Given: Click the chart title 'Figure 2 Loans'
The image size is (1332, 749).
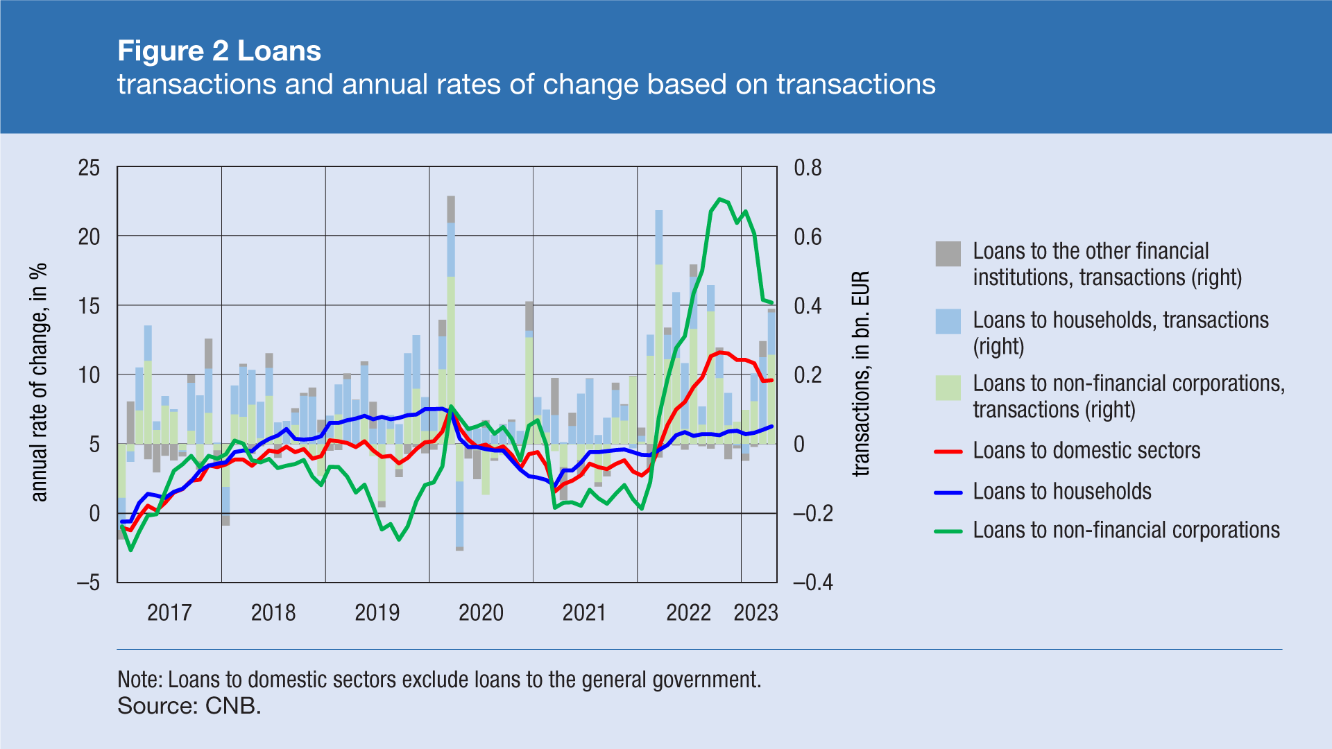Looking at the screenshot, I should pos(219,51).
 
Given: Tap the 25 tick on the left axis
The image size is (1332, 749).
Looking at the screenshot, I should pos(89,168).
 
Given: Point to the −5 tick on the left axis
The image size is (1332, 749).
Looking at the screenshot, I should pos(88,582).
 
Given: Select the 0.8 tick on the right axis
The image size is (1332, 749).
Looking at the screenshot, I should pos(808,168).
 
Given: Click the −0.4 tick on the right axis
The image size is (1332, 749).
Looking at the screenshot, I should pos(812,582).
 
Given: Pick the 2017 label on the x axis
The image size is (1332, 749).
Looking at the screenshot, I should pos(169,612).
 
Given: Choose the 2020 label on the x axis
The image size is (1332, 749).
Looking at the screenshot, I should pos(481,612).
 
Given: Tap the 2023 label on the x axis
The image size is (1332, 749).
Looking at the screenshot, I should pos(755,612).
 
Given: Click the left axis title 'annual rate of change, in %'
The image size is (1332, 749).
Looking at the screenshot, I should pos(39,382).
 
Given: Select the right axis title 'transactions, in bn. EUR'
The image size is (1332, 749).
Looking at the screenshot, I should pos(860,374).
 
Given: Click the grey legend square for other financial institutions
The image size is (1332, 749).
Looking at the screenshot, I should pos(948,254).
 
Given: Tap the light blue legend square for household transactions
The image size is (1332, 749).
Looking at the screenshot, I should pos(948,322).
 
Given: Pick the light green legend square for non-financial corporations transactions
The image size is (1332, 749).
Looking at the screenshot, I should pos(948,388).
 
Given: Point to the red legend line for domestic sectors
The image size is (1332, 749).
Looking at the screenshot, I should pos(948,451).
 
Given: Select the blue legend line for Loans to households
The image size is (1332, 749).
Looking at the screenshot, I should pos(948,492).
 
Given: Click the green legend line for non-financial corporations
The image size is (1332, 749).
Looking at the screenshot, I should pos(948,531).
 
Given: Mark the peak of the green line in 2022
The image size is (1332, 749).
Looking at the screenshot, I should pos(720,199).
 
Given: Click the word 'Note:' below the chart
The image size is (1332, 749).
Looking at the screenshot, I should pos(140,680).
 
